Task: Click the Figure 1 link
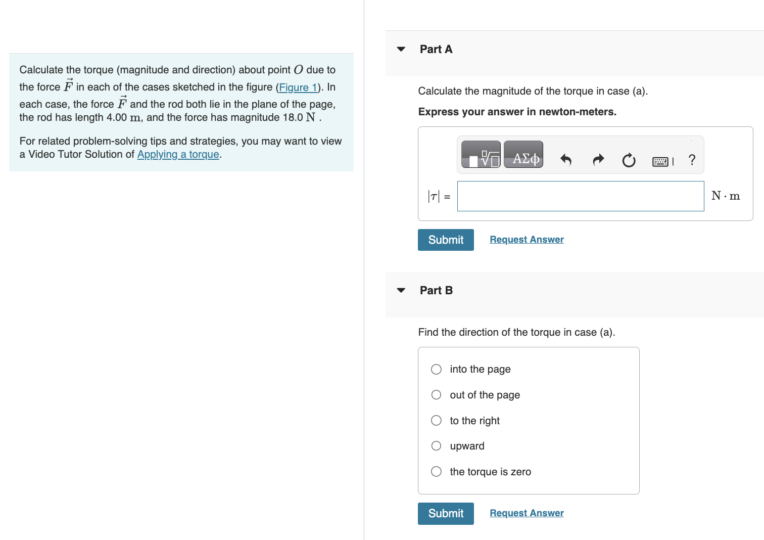[298, 87]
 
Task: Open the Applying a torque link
[178, 155]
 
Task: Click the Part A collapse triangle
[401, 49]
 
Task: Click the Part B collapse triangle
[401, 290]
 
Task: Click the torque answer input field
[580, 196]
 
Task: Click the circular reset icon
[629, 160]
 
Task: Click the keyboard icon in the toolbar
[660, 161]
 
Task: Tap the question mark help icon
[692, 160]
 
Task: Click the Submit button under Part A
[446, 240]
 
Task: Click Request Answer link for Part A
[527, 240]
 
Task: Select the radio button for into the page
[436, 369]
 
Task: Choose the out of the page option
[436, 395]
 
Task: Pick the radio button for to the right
[436, 421]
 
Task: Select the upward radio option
[436, 446]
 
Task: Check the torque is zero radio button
[436, 472]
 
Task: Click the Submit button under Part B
[446, 513]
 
